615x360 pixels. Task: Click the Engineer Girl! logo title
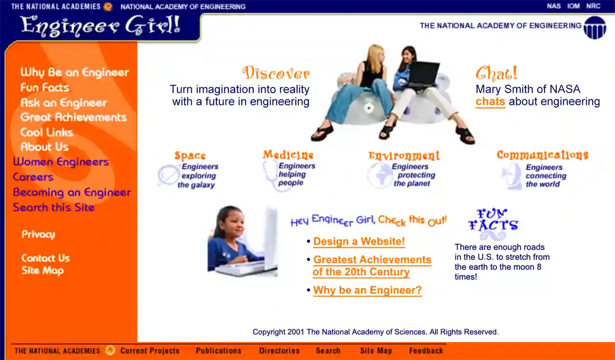tap(100, 25)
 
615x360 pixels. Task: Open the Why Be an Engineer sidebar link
tap(74, 73)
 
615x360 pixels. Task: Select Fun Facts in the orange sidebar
tap(45, 88)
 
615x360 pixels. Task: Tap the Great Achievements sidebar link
tap(73, 117)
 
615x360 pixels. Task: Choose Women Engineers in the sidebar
tap(61, 162)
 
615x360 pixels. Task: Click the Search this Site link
tap(54, 207)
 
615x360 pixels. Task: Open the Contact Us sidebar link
tap(46, 258)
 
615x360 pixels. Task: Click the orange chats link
tap(490, 101)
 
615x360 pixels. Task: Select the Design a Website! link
tap(359, 242)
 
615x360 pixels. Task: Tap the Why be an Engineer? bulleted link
tap(367, 290)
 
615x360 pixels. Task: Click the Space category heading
tap(190, 156)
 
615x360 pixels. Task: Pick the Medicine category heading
tap(288, 155)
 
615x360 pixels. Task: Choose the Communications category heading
tap(542, 155)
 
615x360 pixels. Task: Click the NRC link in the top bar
tap(593, 6)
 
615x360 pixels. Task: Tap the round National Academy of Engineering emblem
tap(594, 27)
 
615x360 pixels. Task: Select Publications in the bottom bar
tap(218, 351)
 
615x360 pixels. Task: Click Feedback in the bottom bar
tap(426, 351)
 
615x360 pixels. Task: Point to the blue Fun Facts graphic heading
tap(493, 221)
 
